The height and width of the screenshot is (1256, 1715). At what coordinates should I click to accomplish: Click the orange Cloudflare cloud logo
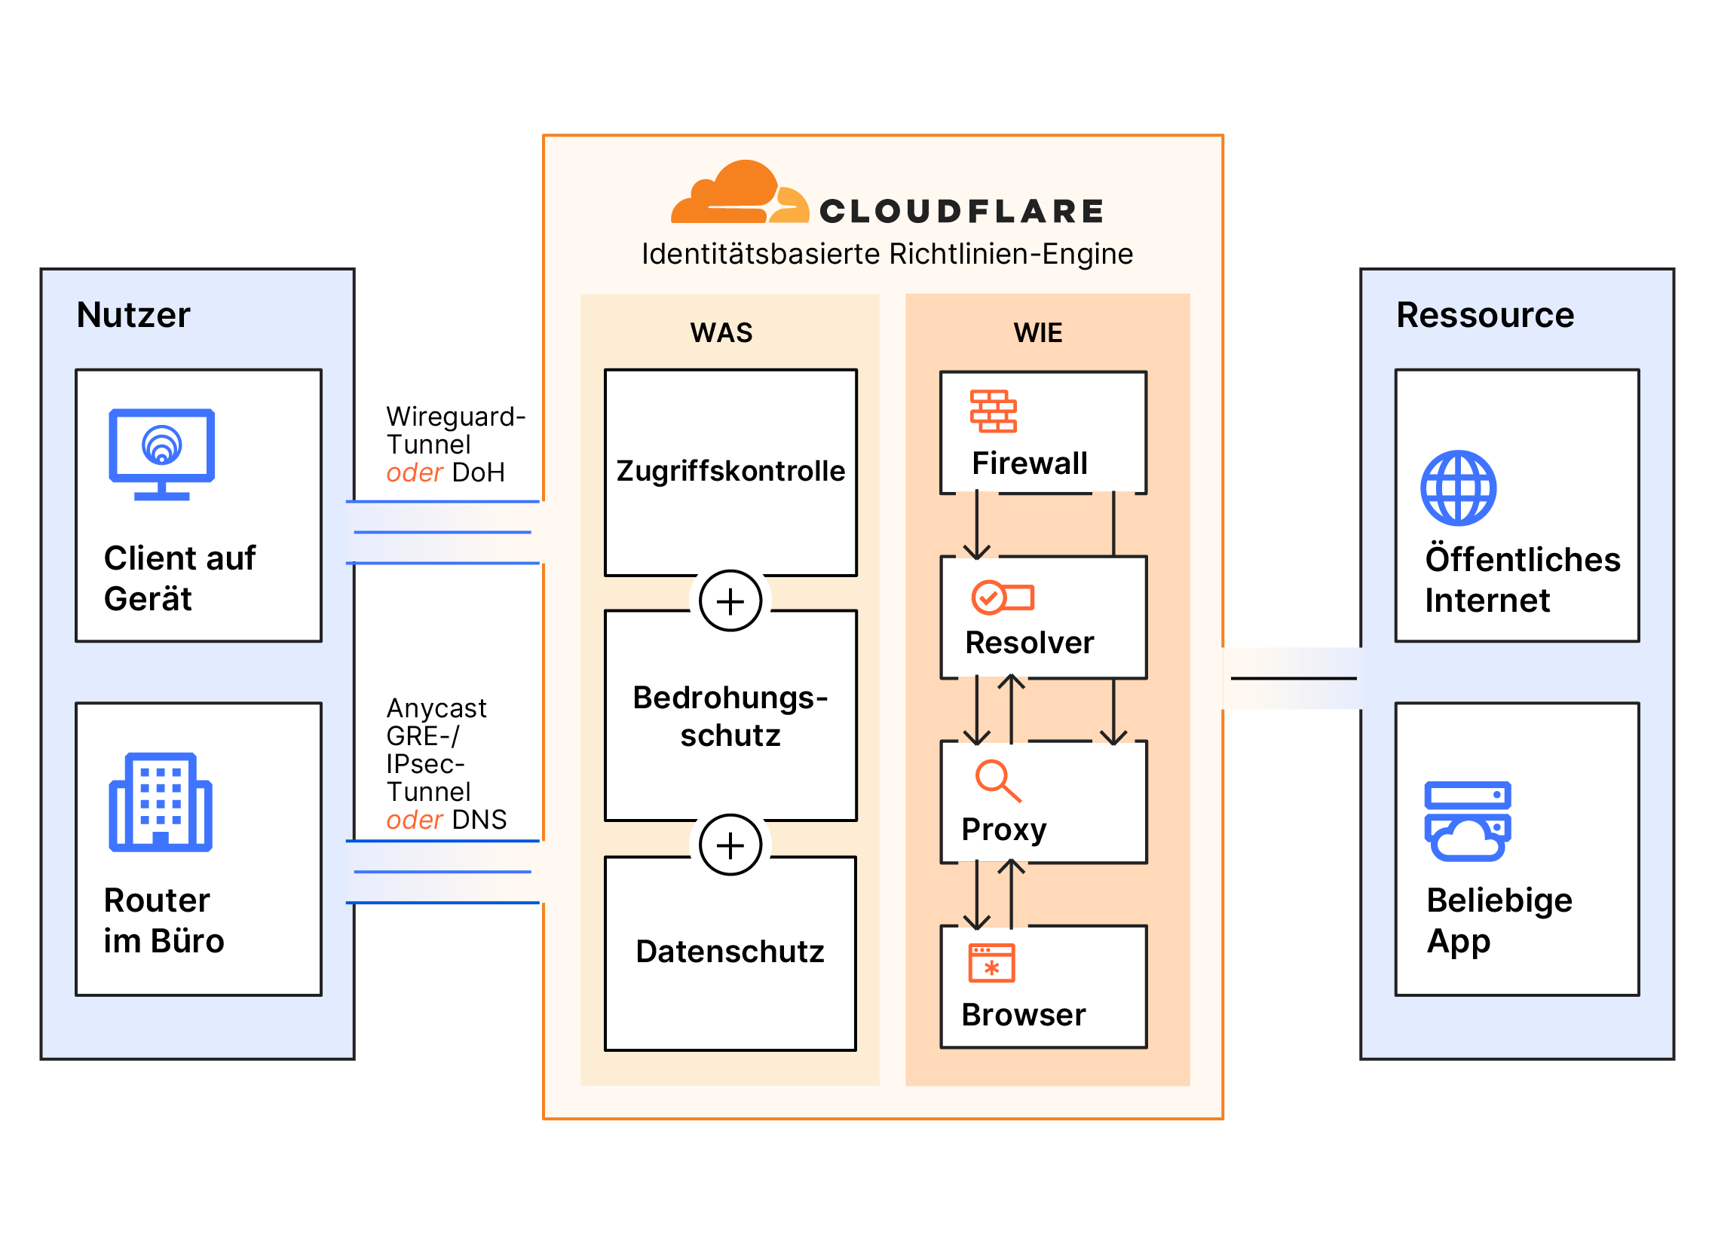tap(739, 193)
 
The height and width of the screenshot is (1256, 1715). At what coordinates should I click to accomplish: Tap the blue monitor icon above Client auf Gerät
tap(162, 454)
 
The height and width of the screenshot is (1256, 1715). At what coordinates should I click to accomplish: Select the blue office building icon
tap(161, 803)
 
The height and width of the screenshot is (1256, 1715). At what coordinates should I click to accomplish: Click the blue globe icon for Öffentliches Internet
tap(1458, 488)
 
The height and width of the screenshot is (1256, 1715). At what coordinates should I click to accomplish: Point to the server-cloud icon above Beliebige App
tap(1467, 821)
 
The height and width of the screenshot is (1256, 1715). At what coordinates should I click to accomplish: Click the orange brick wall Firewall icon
tap(993, 411)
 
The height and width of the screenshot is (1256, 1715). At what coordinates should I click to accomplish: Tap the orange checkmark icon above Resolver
tap(1003, 597)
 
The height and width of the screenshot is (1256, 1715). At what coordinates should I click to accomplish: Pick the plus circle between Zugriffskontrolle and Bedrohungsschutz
tap(730, 601)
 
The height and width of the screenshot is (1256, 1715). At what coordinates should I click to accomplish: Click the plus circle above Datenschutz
tap(730, 845)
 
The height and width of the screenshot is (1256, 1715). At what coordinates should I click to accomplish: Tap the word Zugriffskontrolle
tap(730, 472)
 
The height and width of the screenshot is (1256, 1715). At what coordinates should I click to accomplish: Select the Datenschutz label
tap(730, 952)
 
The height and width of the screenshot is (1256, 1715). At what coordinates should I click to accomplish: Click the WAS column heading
tap(721, 333)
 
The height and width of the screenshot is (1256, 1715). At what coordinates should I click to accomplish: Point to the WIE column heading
tap(1037, 333)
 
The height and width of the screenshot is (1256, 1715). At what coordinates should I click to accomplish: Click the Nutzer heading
tap(133, 315)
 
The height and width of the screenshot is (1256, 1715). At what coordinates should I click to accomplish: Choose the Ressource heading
tap(1484, 315)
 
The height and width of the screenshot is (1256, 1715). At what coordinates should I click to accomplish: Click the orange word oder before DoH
tap(415, 473)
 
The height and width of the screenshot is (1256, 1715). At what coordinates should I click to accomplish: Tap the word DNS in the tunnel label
tap(479, 820)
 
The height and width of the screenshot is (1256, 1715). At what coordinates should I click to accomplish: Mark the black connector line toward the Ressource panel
tap(1293, 677)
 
